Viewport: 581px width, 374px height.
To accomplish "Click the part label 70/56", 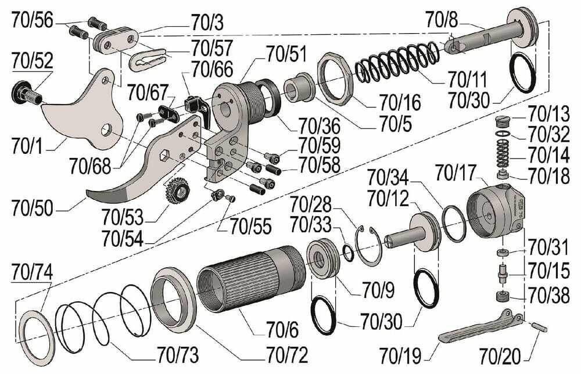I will tap(32, 21).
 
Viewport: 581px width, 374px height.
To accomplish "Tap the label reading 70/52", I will tap(32, 60).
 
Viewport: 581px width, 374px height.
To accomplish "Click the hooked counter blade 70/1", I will tap(81, 110).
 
